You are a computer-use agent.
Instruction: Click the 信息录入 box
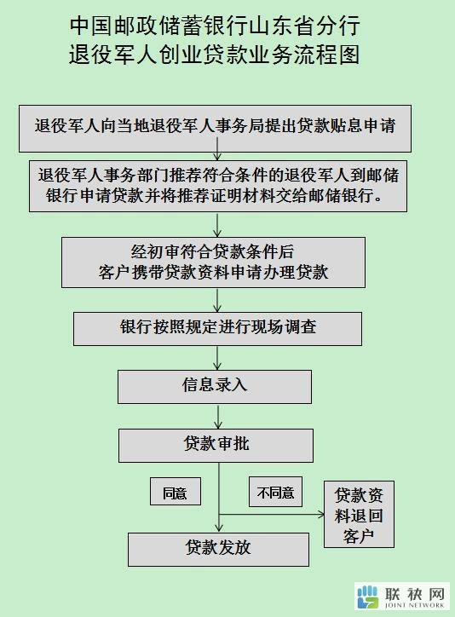tap(215, 386)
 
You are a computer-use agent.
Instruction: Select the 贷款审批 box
tap(216, 446)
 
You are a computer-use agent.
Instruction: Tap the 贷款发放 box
tap(218, 550)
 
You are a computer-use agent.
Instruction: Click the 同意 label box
tap(176, 492)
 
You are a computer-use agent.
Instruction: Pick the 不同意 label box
tap(276, 492)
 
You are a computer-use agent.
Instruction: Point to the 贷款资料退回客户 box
tap(359, 514)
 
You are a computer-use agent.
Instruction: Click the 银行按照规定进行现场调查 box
tap(217, 329)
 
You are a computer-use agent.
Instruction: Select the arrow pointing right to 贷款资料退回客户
tap(271, 514)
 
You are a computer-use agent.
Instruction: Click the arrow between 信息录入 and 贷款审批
tap(218, 417)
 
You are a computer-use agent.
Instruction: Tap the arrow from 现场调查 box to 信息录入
tap(217, 358)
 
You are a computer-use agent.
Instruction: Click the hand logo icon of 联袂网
tap(368, 597)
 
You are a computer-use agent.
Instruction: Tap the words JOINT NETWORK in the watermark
tap(414, 605)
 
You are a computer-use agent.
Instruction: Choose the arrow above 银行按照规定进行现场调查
tap(217, 300)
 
